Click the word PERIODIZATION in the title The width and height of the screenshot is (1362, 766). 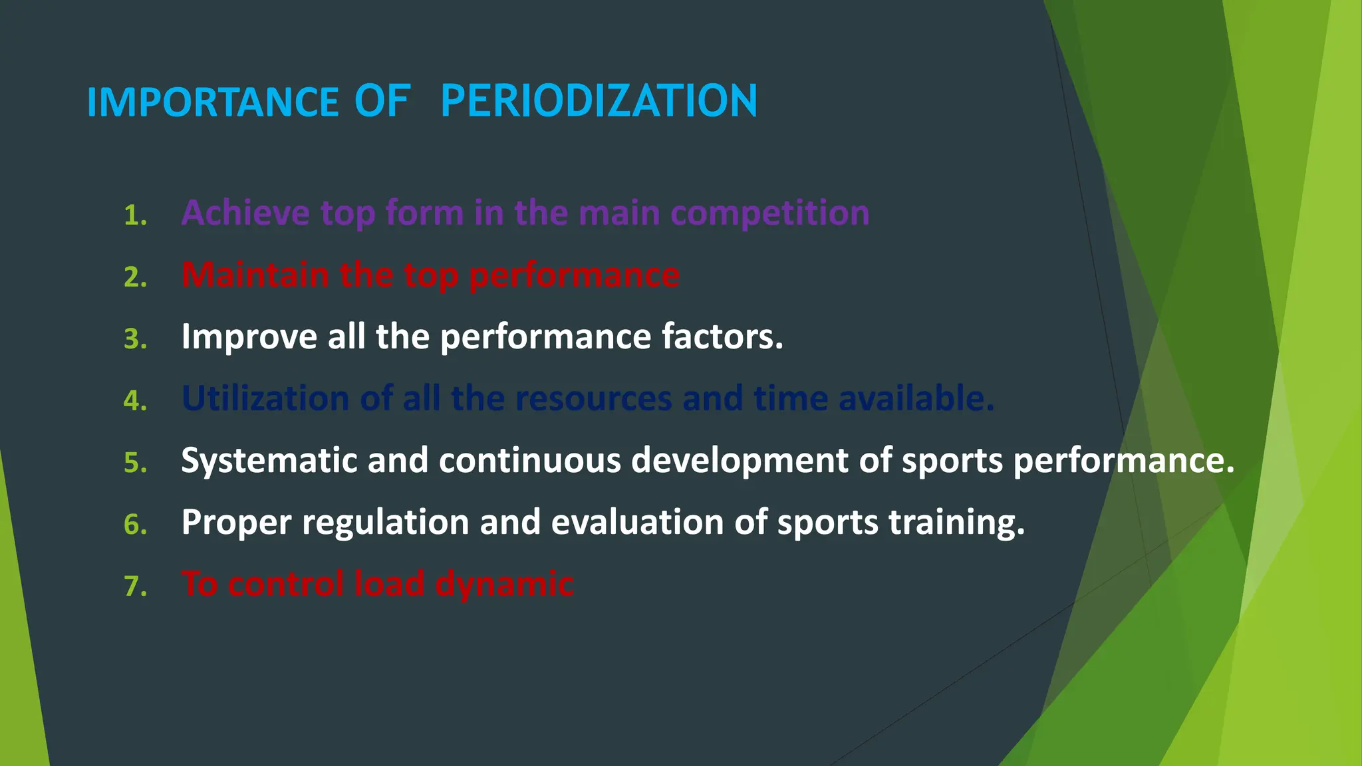(x=599, y=101)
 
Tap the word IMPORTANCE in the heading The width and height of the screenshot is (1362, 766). (x=213, y=102)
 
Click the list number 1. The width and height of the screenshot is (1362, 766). (x=135, y=215)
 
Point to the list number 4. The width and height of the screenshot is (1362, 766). (x=135, y=401)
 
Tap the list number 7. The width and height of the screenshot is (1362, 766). (x=135, y=586)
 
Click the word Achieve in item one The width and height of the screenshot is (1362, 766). (x=245, y=213)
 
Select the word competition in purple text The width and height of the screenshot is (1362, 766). (x=769, y=214)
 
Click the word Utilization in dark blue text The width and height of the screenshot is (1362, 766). (x=265, y=398)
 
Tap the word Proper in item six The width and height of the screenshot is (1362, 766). (x=236, y=523)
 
